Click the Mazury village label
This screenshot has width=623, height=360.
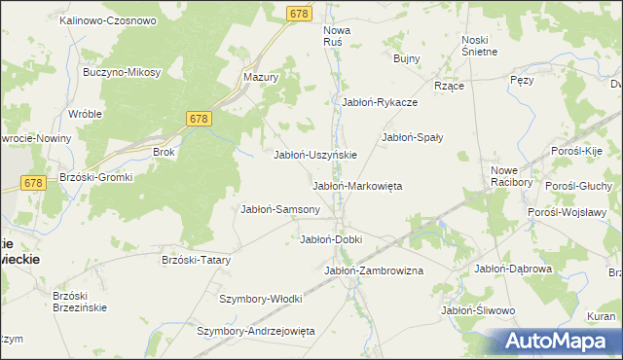pos(261,76)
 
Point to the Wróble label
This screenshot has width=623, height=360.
pos(86,113)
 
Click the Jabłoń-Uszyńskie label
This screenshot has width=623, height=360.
pos(316,155)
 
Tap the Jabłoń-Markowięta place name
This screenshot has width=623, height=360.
pos(357,186)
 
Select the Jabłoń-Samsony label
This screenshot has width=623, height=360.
pos(280,209)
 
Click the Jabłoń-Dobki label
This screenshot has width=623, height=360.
pos(331,239)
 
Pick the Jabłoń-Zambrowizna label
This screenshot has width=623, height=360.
pos(374,270)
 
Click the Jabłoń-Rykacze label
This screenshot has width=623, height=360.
pos(380,101)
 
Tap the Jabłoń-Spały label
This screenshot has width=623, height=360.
pos(413,137)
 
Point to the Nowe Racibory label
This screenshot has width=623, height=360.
pos(512,175)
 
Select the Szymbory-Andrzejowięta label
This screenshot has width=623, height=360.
pos(256,331)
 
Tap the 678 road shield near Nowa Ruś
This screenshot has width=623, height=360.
pos(300,13)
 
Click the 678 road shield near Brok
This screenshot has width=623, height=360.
pos(200,119)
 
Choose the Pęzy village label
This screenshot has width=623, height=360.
pos(522,81)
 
